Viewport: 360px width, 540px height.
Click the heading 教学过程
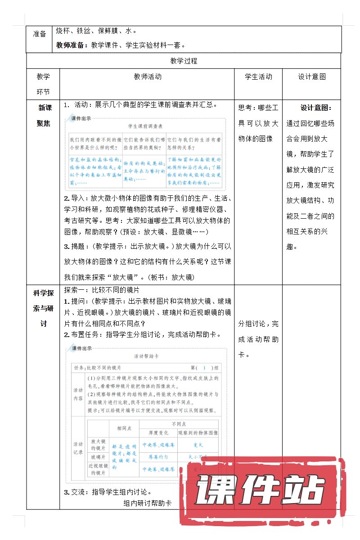[184, 61]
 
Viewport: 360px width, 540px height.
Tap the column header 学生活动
[258, 76]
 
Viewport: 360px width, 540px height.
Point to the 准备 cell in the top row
[40, 34]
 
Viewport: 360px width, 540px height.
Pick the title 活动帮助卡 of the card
[146, 356]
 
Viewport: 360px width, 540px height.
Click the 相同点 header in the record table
[124, 428]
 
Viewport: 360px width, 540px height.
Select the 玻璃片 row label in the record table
[98, 457]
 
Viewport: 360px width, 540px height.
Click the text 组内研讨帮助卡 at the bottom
[147, 504]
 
